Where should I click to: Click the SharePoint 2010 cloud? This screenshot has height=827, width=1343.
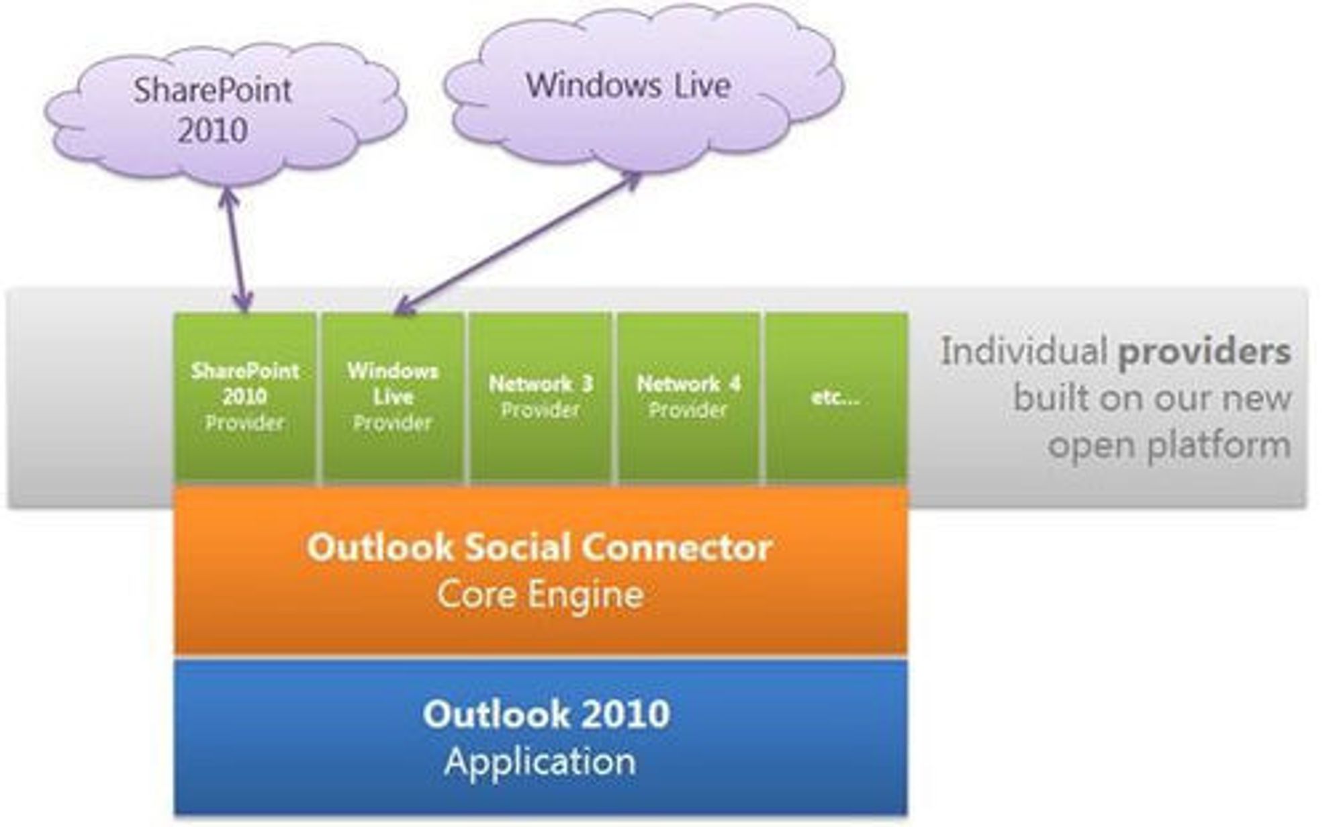(225, 114)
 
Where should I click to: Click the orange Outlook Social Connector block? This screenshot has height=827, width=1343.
(541, 569)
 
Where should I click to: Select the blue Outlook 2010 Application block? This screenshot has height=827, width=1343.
(541, 737)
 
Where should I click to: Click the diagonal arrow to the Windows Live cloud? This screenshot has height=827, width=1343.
(518, 243)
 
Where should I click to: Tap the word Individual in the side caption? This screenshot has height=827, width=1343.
(1024, 351)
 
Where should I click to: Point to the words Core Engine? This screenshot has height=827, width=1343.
(541, 595)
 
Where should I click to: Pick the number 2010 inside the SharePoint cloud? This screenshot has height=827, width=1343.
(212, 130)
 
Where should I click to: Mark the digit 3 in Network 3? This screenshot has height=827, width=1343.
(587, 384)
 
